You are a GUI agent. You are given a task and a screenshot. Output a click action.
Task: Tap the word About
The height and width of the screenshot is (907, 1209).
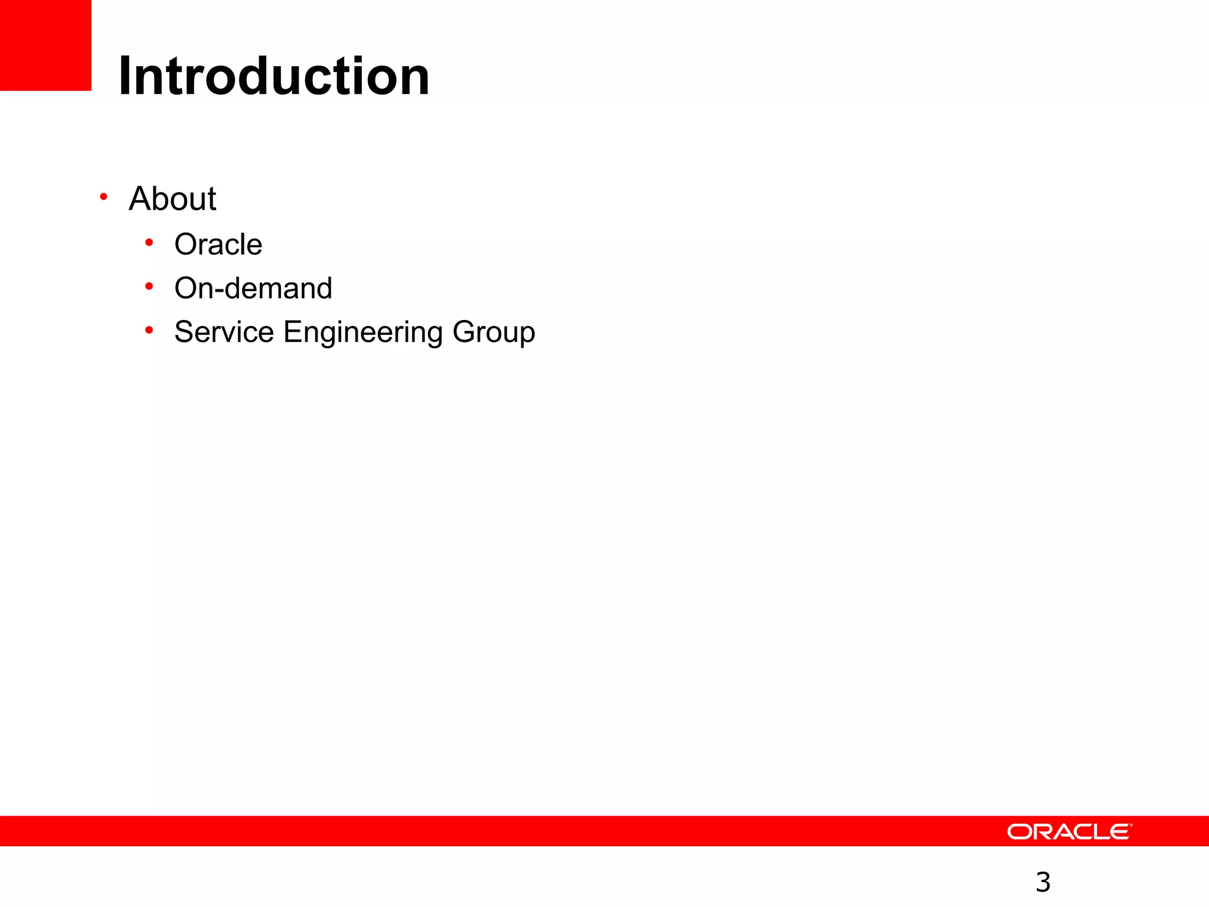click(x=172, y=198)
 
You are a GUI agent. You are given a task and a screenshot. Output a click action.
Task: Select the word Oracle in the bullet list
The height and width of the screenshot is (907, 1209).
click(x=218, y=244)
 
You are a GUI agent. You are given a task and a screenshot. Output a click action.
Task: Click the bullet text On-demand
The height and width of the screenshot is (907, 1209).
click(x=253, y=288)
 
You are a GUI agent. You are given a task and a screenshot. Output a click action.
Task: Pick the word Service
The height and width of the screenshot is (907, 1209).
click(x=224, y=332)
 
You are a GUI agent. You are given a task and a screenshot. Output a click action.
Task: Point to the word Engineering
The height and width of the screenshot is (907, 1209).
click(x=362, y=332)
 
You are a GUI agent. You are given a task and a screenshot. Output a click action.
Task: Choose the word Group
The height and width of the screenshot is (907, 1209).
click(x=494, y=332)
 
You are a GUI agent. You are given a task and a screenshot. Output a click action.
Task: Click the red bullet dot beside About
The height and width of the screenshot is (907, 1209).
click(x=103, y=197)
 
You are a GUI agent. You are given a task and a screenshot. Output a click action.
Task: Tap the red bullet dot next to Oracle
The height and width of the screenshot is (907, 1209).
click(x=149, y=243)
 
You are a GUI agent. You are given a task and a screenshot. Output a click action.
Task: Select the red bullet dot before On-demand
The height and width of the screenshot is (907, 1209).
click(x=149, y=286)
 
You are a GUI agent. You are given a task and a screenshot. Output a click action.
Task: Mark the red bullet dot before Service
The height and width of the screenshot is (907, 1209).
click(x=149, y=330)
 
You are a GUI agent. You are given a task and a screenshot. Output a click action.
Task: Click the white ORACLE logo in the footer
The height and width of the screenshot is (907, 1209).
click(x=1069, y=831)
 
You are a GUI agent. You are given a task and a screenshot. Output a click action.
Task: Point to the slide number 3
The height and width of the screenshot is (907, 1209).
click(x=1043, y=882)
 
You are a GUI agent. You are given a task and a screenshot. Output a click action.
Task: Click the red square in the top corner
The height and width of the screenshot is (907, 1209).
click(x=45, y=45)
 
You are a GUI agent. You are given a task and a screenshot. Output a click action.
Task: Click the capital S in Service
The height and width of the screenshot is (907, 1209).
click(x=184, y=332)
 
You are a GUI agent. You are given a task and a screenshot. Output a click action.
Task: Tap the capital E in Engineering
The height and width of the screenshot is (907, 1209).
click(x=292, y=332)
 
